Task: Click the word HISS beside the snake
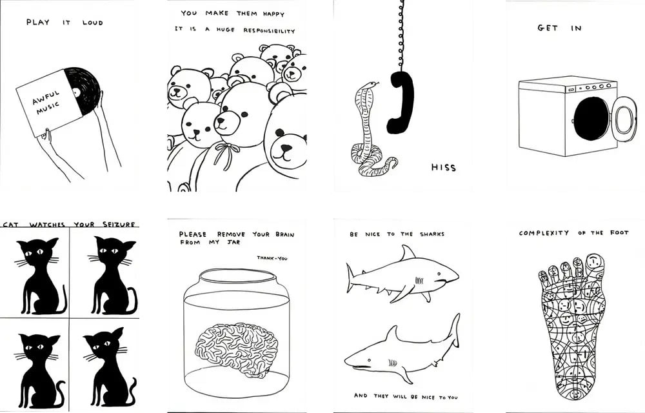[444, 167]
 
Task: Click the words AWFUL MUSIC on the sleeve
[47, 103]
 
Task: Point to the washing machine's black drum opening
[592, 118]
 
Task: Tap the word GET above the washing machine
[548, 28]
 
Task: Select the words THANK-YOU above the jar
[272, 258]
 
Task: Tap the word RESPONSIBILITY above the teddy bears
[269, 30]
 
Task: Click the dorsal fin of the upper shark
[408, 252]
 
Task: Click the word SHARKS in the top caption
[432, 234]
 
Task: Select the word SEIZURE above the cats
[119, 224]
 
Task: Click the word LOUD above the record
[92, 23]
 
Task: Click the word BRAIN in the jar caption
[284, 234]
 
